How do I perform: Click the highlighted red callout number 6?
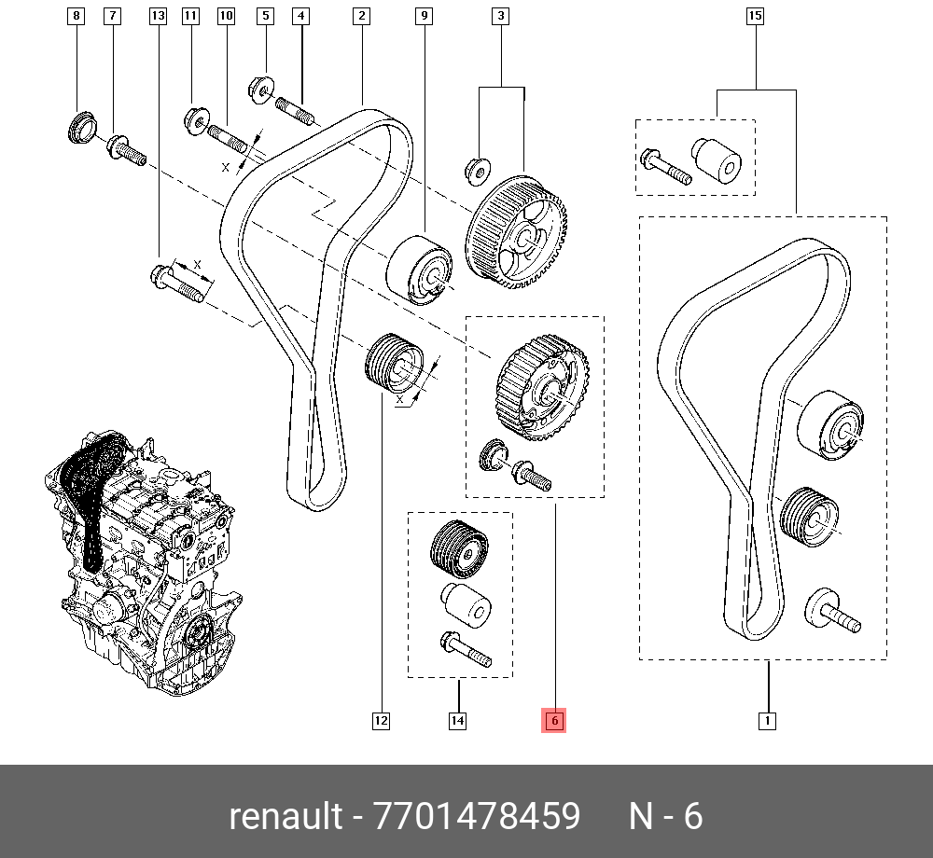[x=554, y=720]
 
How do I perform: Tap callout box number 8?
[x=77, y=16]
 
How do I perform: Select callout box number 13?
[x=158, y=16]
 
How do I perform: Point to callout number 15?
[x=756, y=16]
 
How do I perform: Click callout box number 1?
[x=767, y=720]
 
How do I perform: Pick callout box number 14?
[x=457, y=720]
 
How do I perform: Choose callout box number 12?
[x=381, y=720]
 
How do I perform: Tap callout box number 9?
[x=425, y=16]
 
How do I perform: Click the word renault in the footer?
[x=285, y=816]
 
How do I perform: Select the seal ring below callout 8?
[x=81, y=125]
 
